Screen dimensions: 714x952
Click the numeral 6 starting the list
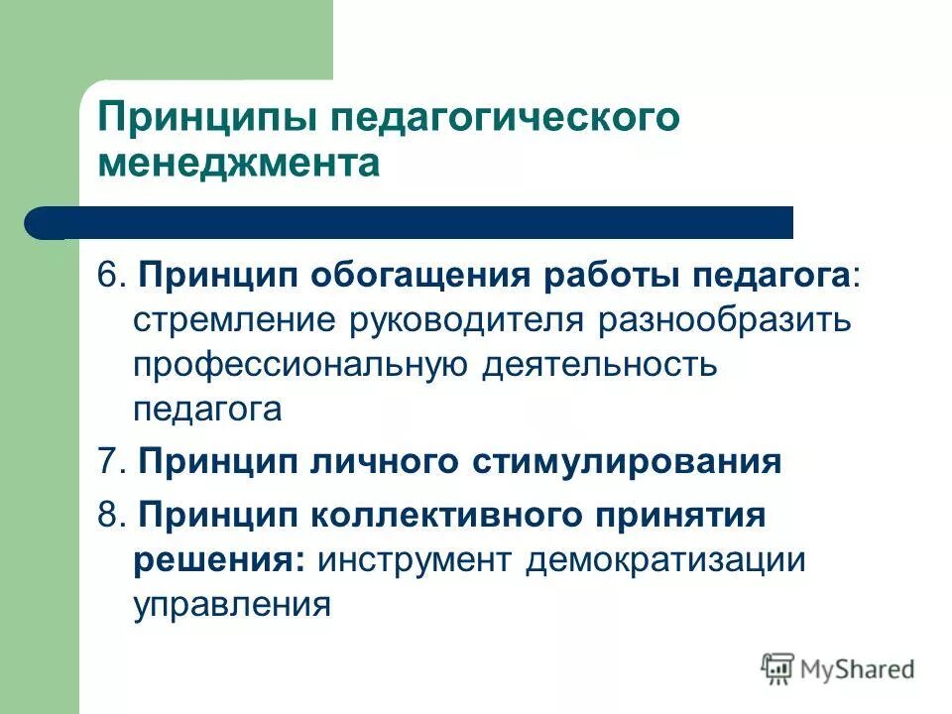pos(106,277)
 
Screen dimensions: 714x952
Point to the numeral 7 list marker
pos(106,462)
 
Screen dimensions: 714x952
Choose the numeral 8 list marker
pos(106,515)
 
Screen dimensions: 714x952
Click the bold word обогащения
pos(424,277)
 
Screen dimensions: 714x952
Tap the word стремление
pos(230,321)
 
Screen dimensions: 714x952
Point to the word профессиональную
pos(300,365)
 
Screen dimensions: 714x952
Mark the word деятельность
pos(599,365)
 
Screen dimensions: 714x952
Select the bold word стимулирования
pos(625,462)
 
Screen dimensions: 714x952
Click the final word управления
pos(231,603)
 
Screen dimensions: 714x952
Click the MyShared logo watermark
pos(838,669)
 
